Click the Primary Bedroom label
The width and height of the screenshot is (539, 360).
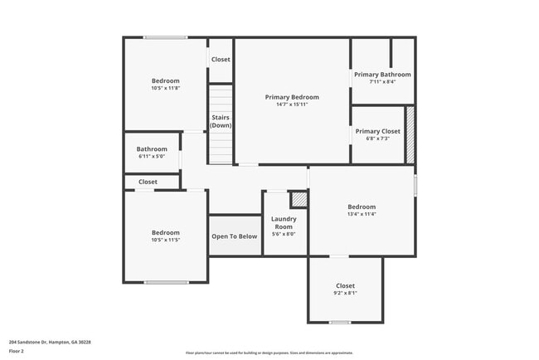tap(292, 97)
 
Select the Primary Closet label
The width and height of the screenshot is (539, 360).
tap(377, 131)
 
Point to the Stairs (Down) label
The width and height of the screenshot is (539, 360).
tap(221, 121)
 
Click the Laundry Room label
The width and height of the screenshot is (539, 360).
tap(284, 222)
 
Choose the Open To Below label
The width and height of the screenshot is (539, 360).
tap(235, 236)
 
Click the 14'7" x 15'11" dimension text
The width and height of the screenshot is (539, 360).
tap(292, 105)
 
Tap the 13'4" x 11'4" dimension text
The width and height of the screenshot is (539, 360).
tap(362, 214)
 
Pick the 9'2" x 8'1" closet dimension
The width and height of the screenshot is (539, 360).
tap(345, 293)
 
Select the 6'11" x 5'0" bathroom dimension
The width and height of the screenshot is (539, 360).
tap(152, 156)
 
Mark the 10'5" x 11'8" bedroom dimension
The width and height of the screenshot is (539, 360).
tap(165, 88)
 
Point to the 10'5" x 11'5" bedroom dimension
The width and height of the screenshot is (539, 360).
tap(165, 240)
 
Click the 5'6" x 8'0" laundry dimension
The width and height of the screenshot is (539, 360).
tap(284, 234)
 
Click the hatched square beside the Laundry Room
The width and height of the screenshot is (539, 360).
tap(299, 199)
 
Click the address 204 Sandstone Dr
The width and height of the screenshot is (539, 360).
tap(50, 342)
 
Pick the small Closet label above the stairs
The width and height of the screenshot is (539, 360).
tap(221, 60)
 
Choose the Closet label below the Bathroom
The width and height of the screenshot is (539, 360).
tap(148, 182)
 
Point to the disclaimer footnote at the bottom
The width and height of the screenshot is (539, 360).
tap(269, 353)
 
